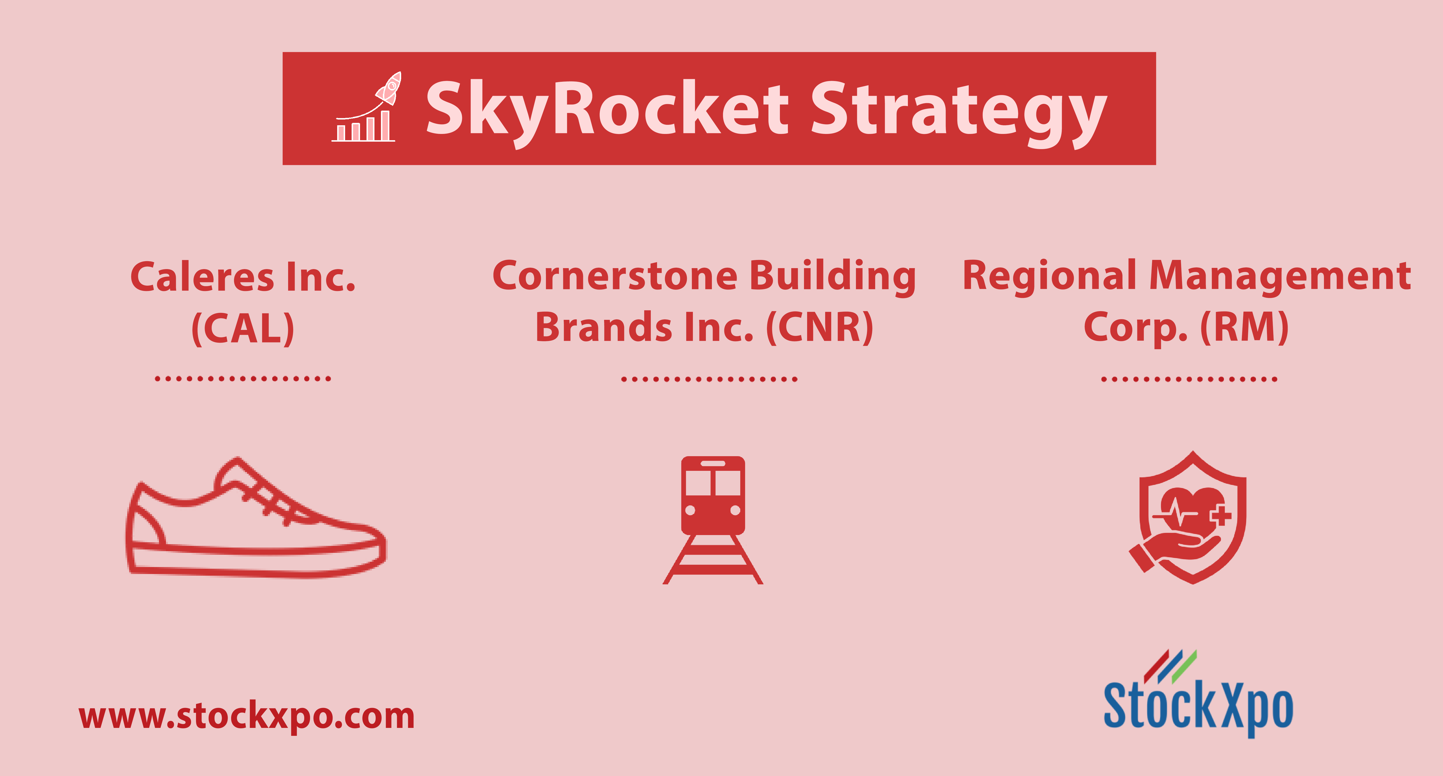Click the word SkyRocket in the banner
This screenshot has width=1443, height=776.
(x=608, y=109)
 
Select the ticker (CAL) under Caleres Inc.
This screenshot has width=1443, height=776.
(x=243, y=329)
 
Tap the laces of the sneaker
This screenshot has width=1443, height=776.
(x=269, y=499)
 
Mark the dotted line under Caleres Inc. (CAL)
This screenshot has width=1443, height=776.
(x=243, y=379)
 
